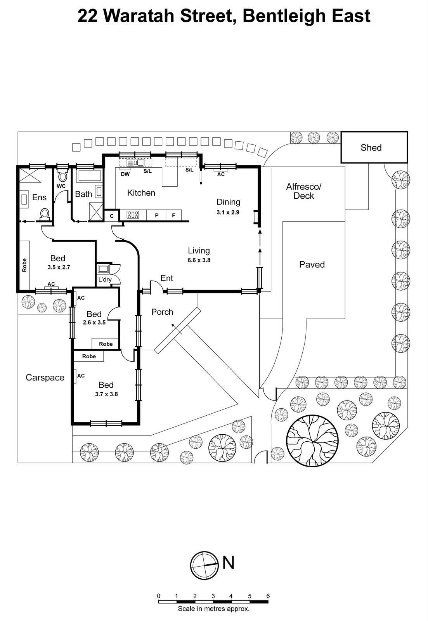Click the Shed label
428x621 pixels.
pos(371,147)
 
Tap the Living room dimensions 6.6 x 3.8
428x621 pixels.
pos(199,260)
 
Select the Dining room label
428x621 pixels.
pos(228,202)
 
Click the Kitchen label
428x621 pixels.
pos(141,193)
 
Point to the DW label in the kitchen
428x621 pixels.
pos(125,174)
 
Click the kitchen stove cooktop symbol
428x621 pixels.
pos(133,214)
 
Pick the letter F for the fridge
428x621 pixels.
pos(173,215)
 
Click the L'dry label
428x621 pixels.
pos(105,279)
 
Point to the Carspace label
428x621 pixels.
pos(45,378)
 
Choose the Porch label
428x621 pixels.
pos(162,312)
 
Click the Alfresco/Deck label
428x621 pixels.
pos(303,191)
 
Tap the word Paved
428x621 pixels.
pos(312,265)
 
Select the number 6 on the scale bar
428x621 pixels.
pos(268,596)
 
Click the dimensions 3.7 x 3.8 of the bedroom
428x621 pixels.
pos(106,394)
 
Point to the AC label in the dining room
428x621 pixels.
pos(221,174)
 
